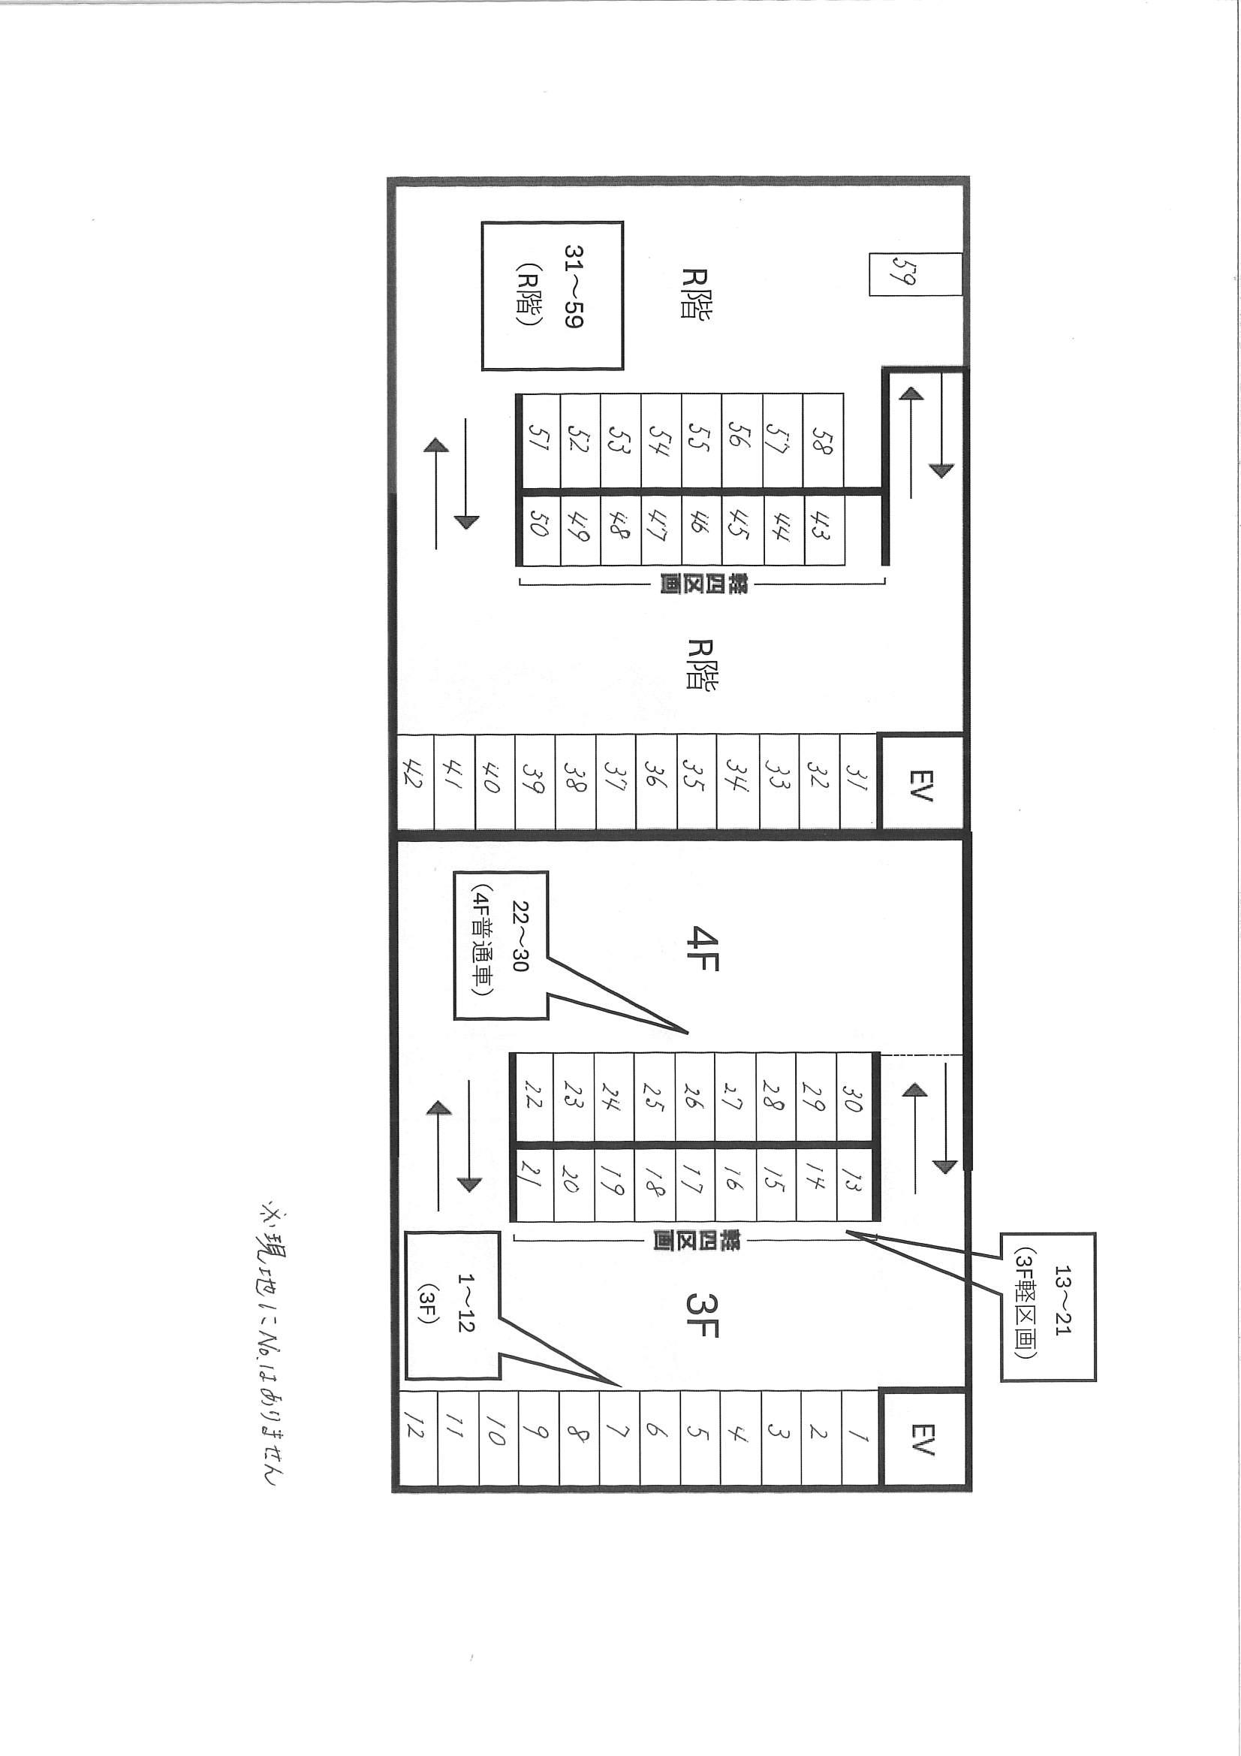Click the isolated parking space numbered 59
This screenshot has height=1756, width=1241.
[x=914, y=274]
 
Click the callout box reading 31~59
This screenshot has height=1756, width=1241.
[x=552, y=296]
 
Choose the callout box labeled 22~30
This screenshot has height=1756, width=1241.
[x=502, y=945]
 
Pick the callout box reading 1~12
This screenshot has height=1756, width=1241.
[x=453, y=1313]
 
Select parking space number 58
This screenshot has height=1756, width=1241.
[x=823, y=442]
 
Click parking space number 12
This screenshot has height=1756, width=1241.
[x=418, y=1439]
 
